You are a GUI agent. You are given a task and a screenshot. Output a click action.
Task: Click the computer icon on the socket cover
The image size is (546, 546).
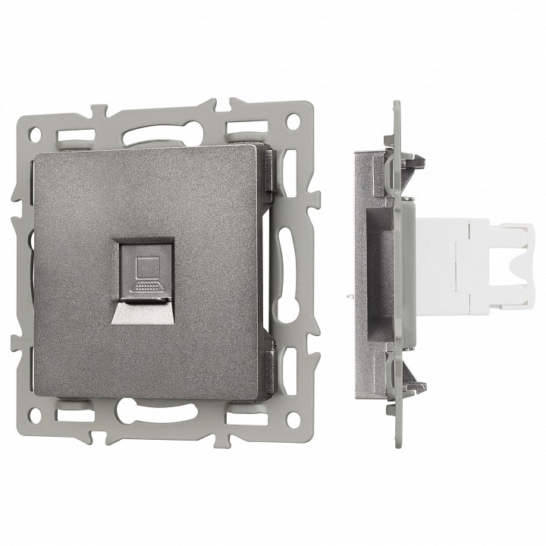143,275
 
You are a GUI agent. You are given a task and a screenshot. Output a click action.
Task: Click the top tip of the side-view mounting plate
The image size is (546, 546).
395,103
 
